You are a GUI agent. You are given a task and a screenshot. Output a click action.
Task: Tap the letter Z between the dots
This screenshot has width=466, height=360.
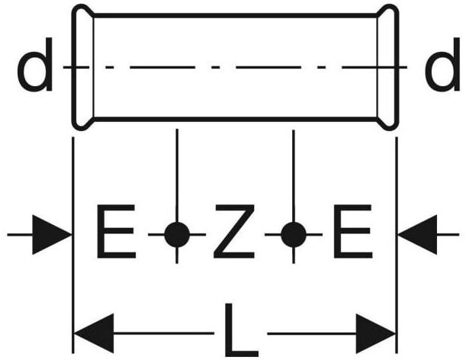tap(234, 231)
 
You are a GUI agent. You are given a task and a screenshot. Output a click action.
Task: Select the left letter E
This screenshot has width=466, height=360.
tap(116, 231)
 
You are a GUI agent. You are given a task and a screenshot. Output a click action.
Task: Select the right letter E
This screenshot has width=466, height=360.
tap(352, 231)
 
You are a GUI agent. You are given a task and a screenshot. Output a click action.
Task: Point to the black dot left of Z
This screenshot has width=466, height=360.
tap(177, 235)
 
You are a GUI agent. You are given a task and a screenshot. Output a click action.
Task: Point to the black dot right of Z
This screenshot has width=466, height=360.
tap(294, 235)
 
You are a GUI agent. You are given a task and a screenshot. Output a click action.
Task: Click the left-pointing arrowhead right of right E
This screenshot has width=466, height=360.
tap(418, 235)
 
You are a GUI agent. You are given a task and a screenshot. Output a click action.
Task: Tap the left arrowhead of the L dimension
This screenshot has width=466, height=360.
tap(94, 333)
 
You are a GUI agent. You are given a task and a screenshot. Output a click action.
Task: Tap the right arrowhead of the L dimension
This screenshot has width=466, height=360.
tap(376, 333)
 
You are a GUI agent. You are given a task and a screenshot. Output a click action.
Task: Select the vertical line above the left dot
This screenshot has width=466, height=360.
tap(177, 175)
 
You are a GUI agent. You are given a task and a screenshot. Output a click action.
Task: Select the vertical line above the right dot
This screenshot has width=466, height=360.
tap(294, 176)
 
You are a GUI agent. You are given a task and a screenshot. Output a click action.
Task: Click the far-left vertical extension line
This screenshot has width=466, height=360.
tap(73, 246)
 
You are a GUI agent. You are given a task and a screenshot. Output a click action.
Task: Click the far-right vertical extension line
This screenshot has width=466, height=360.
tap(397, 246)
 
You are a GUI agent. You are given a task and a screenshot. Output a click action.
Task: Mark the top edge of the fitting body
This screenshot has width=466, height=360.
tap(236, 15)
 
